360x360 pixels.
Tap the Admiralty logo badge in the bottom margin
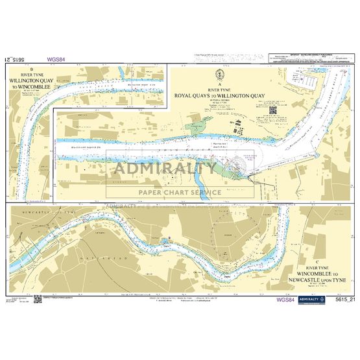[317, 300]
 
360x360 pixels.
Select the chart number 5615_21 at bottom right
[346, 300]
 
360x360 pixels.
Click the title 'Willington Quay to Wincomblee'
[34, 83]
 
